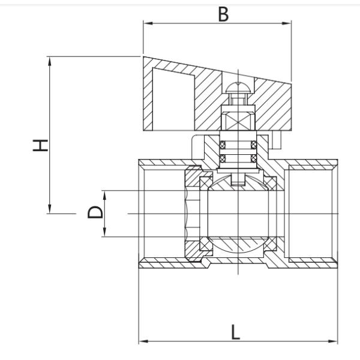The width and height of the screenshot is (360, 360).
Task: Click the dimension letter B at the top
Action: [x=223, y=14]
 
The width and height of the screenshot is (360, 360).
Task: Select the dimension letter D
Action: [x=95, y=212]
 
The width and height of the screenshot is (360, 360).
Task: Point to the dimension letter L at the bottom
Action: [x=236, y=332]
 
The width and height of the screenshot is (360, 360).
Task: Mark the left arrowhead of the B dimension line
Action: [x=147, y=24]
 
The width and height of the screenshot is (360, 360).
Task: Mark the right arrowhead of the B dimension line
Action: [x=287, y=24]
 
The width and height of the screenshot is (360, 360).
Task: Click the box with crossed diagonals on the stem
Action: [x=239, y=119]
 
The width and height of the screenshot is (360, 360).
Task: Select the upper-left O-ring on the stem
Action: [x=222, y=144]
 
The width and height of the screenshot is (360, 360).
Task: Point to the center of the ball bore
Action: [x=239, y=213]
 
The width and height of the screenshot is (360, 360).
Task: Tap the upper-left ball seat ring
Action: [x=205, y=181]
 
